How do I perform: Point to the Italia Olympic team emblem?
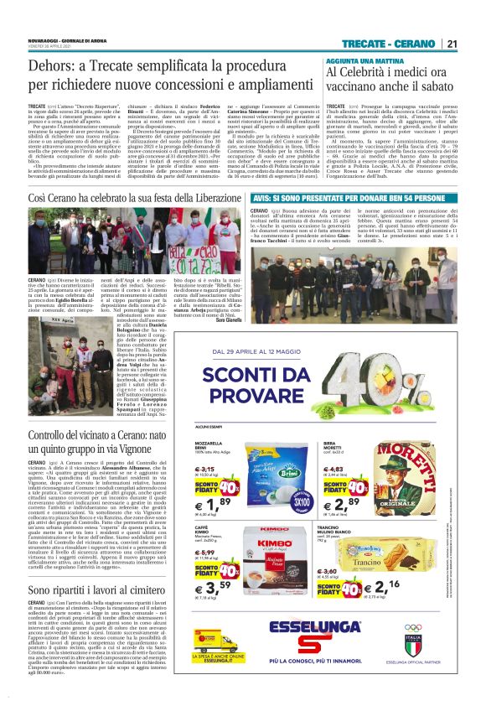(437, 649)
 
